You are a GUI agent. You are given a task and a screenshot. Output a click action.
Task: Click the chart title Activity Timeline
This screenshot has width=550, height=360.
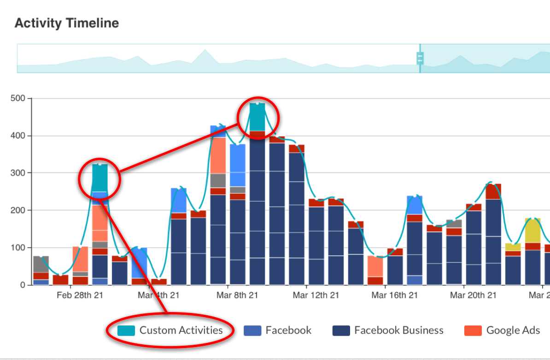67,23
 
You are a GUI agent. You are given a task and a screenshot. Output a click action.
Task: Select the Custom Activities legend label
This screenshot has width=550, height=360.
181,330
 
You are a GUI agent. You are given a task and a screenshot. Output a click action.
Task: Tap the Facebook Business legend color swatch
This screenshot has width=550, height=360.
341,330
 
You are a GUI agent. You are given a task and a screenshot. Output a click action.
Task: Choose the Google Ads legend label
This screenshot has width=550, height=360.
513,330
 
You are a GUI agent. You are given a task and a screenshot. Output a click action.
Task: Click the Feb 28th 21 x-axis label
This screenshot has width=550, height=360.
80,295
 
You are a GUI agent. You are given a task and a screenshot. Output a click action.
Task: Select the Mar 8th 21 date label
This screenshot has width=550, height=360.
237,295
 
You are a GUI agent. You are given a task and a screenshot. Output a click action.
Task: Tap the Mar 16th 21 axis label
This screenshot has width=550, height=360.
395,295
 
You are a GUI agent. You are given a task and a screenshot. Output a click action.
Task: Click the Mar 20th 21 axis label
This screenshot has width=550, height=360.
474,295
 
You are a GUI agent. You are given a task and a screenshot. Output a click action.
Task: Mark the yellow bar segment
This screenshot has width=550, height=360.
533,230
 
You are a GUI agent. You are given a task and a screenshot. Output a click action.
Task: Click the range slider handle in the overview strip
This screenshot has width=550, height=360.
420,59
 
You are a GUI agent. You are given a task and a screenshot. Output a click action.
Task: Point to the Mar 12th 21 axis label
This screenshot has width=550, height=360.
316,295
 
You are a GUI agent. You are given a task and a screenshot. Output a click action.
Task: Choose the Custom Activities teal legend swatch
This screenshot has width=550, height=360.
126,330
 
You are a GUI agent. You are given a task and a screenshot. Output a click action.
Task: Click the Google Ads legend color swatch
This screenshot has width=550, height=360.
473,330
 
